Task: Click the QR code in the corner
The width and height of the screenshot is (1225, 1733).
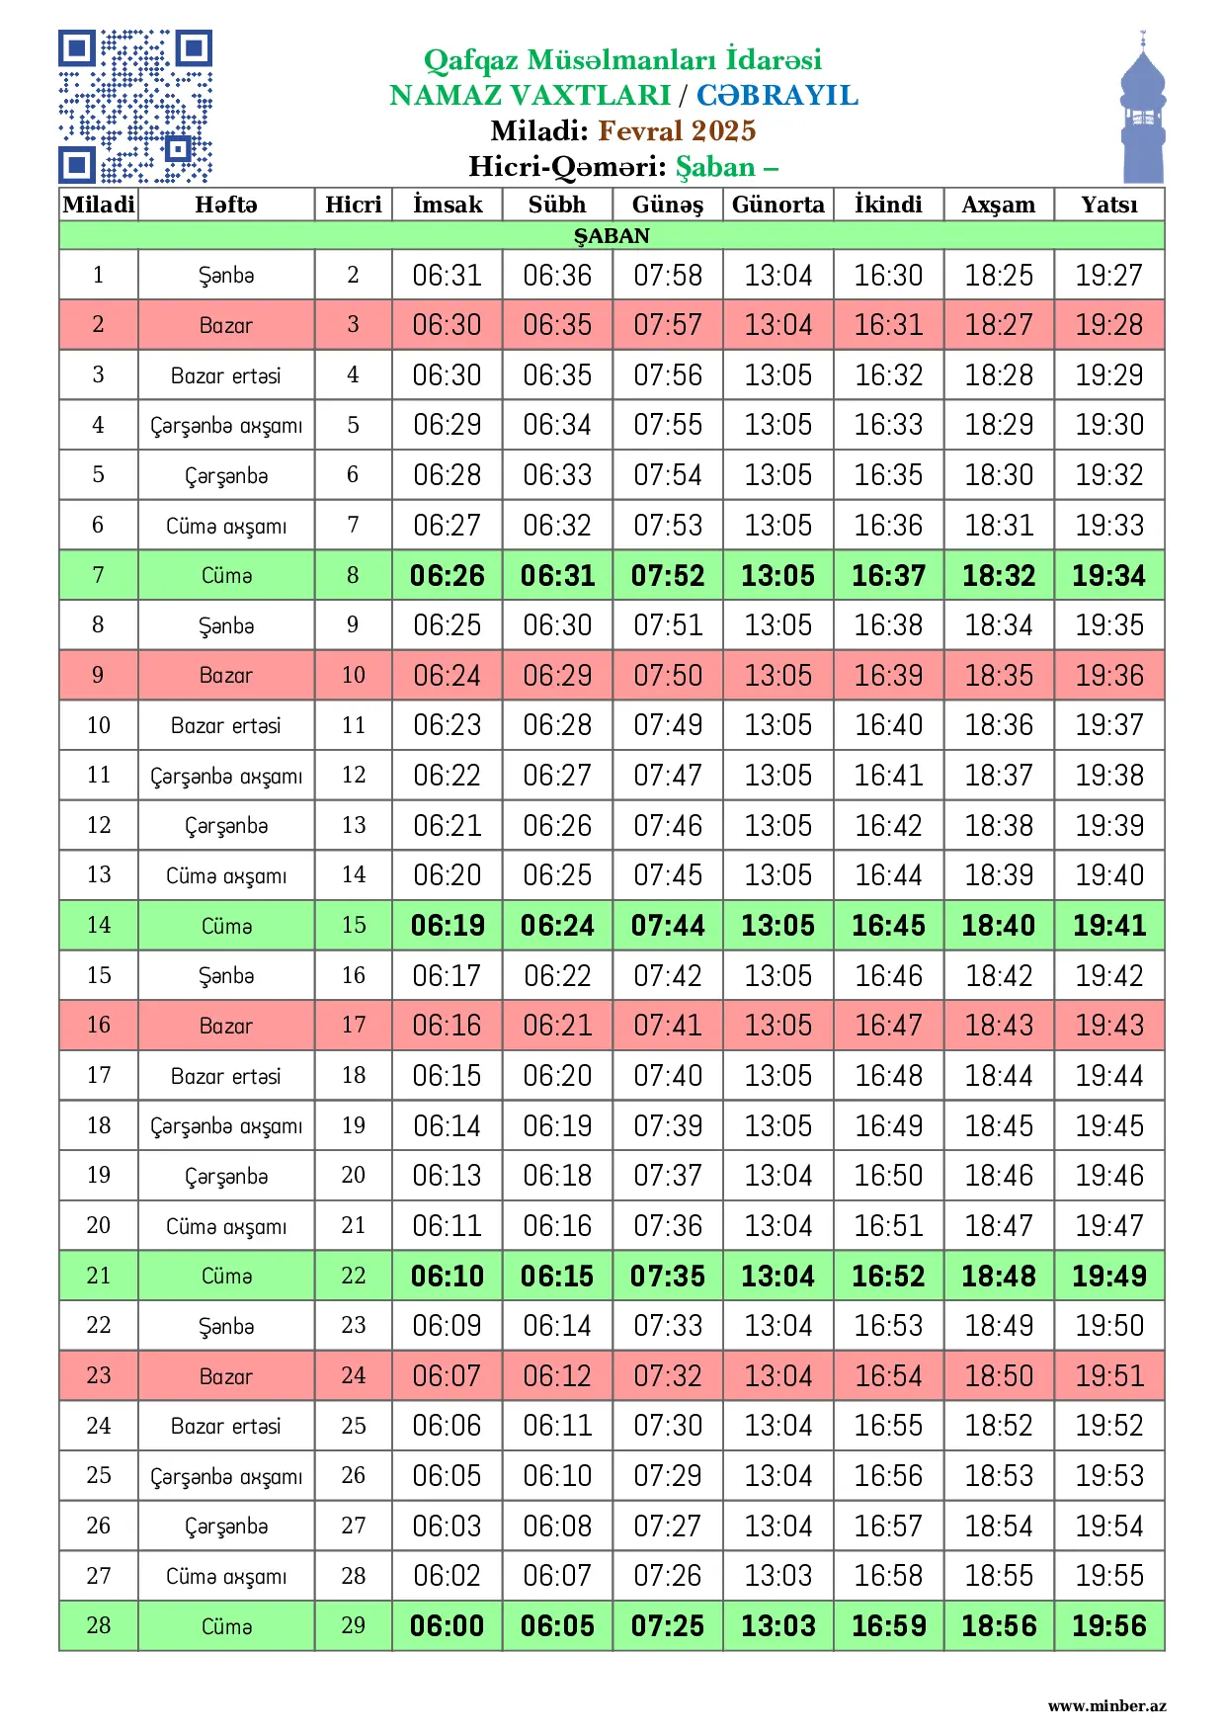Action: point(135,107)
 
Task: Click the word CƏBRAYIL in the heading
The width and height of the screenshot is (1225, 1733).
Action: point(776,95)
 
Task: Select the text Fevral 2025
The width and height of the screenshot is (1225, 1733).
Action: point(677,130)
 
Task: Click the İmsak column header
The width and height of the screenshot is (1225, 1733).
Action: point(448,205)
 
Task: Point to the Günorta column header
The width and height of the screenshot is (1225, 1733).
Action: point(777,205)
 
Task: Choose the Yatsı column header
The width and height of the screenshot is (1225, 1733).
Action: point(1108,205)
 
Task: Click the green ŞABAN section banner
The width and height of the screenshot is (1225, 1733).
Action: point(612,236)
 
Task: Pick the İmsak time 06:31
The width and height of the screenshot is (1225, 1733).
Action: point(448,275)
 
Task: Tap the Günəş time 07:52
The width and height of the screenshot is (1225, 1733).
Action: point(668,575)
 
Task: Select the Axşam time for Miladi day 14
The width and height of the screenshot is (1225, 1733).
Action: point(999,926)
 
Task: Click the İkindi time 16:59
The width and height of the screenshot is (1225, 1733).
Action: point(888,1626)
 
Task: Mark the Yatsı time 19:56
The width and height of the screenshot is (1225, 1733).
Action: point(1108,1626)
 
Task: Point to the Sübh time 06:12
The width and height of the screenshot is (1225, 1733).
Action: point(557,1376)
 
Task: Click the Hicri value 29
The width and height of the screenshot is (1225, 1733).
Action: point(353,1626)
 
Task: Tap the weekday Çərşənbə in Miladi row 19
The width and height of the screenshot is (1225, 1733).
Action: point(226,1176)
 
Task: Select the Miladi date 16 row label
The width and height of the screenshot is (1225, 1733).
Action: point(99,1026)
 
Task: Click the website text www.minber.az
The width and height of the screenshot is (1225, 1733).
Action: point(1106,1706)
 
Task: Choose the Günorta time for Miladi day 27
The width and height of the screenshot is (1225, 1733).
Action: point(777,1576)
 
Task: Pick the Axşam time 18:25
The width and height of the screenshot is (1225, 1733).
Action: point(999,275)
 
